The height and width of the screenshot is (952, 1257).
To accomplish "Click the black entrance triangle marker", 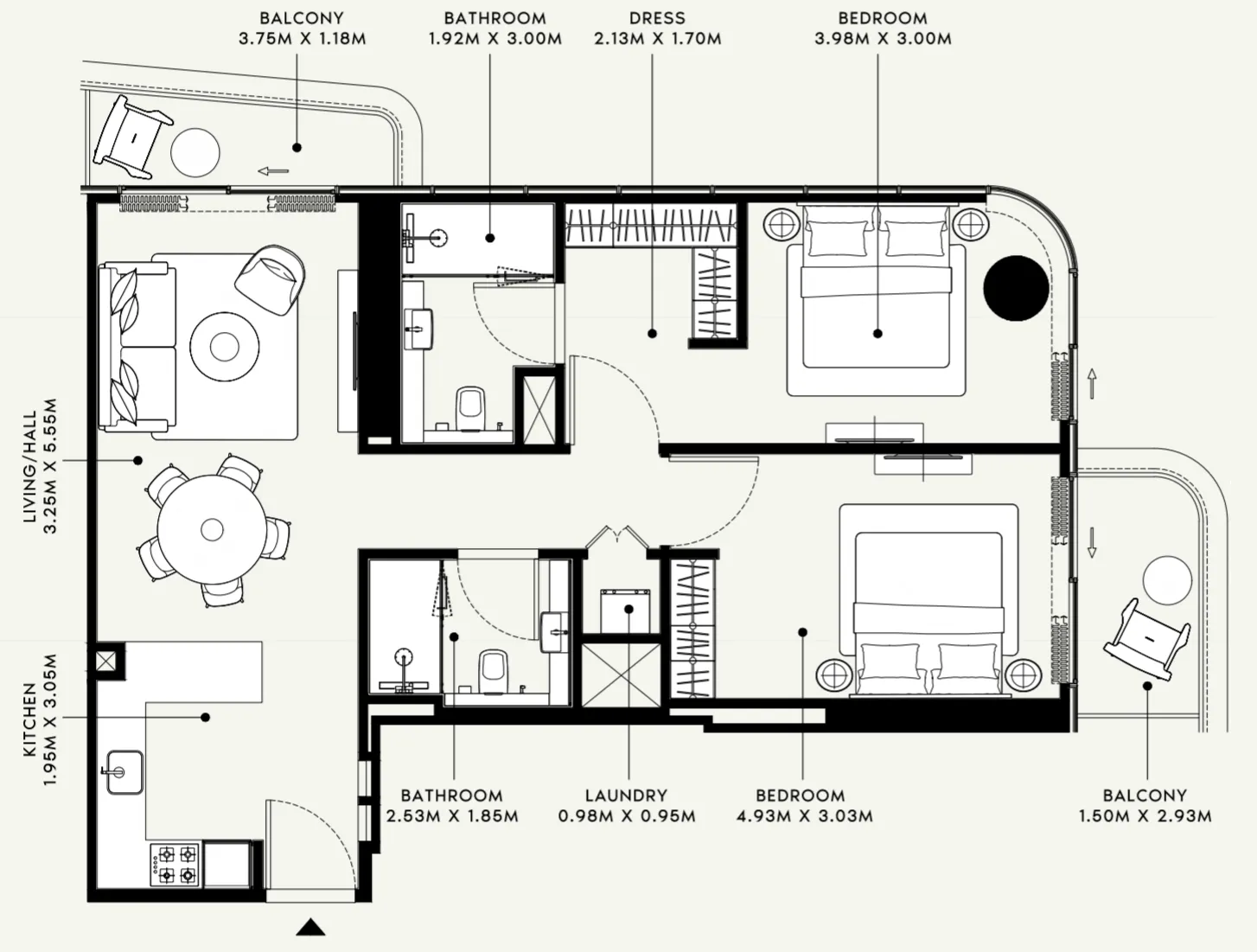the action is tap(310, 928).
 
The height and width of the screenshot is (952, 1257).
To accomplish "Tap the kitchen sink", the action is tap(124, 772).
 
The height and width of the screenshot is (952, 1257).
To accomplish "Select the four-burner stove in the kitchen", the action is tap(175, 865).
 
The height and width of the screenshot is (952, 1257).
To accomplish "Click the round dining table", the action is tap(212, 530).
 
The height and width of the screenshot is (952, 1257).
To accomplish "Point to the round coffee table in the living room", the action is tap(225, 346).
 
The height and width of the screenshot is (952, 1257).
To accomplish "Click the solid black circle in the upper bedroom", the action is tap(1016, 288).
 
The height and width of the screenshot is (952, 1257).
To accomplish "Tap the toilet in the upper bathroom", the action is tap(470, 409).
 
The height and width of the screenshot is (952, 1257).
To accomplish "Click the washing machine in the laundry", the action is tap(625, 610).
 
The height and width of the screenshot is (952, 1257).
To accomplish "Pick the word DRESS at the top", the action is tap(657, 18).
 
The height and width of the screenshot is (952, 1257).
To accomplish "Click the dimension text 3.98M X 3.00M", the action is tap(883, 39).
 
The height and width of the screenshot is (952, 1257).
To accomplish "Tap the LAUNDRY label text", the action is tap(627, 795).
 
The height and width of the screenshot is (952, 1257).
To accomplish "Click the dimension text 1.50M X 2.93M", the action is tap(1145, 816).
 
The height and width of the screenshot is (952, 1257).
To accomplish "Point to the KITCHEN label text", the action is tap(30, 719).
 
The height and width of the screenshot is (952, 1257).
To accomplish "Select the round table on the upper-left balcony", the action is tap(195, 152).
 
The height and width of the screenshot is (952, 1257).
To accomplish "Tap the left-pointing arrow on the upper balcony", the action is tap(273, 170).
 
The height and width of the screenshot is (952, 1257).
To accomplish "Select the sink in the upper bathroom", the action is tap(418, 329).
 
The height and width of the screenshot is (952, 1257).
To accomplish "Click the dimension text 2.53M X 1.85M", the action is tap(452, 816).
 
